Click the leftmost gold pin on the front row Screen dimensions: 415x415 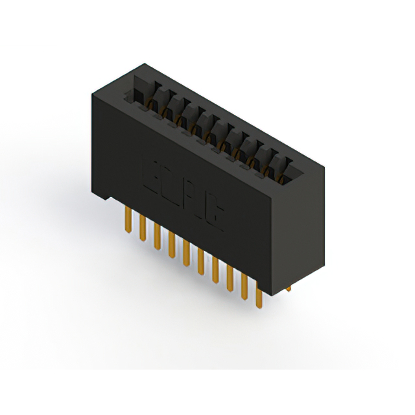(126, 220)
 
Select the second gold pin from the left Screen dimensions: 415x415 (141, 228)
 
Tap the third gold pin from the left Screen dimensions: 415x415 (157, 235)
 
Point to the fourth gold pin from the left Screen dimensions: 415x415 (171, 243)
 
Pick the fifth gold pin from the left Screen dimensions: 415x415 (186, 251)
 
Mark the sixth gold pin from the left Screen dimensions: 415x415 (200, 259)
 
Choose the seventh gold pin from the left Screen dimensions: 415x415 (215, 267)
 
